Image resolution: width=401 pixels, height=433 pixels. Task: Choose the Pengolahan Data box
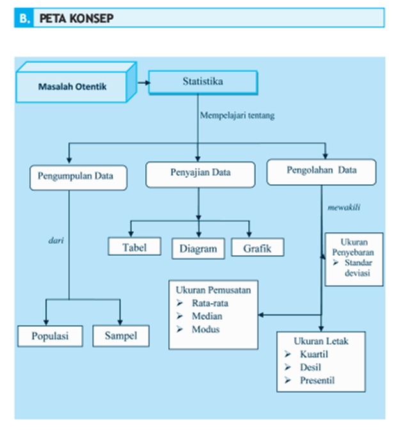321,171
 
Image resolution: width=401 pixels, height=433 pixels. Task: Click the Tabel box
134,247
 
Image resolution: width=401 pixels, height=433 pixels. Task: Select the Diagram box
198,248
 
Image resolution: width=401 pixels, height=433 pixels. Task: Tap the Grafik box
258,247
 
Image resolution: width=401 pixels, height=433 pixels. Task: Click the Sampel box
120,335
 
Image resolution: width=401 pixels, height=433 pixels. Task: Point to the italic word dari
55,241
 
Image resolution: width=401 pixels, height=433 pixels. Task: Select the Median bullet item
207,316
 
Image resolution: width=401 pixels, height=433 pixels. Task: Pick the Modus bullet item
205,329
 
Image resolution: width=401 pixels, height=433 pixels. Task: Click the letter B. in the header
25,19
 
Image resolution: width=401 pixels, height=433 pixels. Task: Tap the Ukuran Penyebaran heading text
354,247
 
